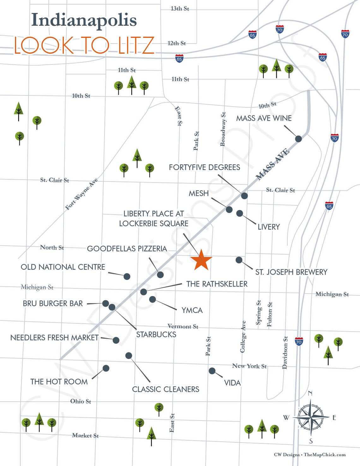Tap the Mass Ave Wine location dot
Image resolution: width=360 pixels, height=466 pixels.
tap(298, 139)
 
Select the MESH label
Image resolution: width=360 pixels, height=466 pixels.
tap(199, 193)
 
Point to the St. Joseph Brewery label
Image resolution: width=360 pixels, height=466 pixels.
tap(291, 272)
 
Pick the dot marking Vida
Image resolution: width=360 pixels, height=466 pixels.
tap(212, 371)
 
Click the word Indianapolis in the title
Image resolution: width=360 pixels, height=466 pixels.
tap(84, 20)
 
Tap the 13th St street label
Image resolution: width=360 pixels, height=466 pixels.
tap(180, 9)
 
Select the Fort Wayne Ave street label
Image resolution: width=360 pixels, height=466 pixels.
tap(81, 194)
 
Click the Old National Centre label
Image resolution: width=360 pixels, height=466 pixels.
tap(63, 267)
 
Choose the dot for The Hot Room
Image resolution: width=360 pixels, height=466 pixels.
tap(106, 368)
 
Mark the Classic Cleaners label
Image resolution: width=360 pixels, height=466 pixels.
tap(165, 389)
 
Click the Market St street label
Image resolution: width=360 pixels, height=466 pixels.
tap(85, 435)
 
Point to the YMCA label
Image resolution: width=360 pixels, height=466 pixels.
tap(192, 310)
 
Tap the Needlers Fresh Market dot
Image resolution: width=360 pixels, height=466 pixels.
tap(116, 340)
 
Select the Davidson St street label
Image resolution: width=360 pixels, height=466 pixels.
tap(285, 353)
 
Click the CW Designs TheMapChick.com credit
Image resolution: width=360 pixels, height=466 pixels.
tap(309, 455)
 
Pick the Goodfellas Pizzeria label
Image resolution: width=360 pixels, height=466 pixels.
tap(127, 249)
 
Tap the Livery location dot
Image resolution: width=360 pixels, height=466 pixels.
tap(240, 213)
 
